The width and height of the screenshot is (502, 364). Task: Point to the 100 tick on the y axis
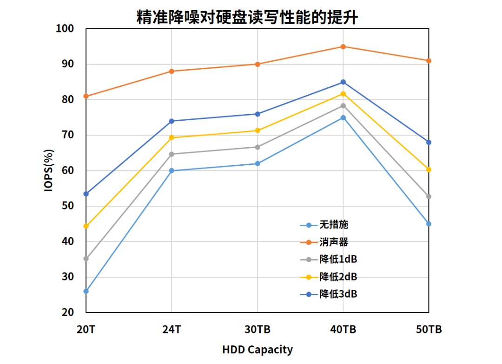click(65, 29)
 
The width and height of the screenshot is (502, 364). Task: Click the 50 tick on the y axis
click(68, 206)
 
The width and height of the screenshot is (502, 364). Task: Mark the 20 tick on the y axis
click(68, 312)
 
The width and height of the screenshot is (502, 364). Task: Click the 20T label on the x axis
click(86, 330)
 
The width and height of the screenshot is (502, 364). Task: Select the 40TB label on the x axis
click(343, 330)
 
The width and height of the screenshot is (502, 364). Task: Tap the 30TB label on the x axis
click(258, 330)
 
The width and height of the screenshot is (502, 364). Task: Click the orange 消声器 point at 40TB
click(343, 46)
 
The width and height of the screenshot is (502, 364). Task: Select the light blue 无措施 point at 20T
click(86, 291)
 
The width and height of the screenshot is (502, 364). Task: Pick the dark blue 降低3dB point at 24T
click(172, 121)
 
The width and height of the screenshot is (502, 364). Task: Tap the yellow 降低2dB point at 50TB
click(429, 169)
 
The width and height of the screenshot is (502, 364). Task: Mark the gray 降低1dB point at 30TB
click(258, 147)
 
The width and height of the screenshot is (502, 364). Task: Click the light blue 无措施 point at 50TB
click(429, 224)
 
